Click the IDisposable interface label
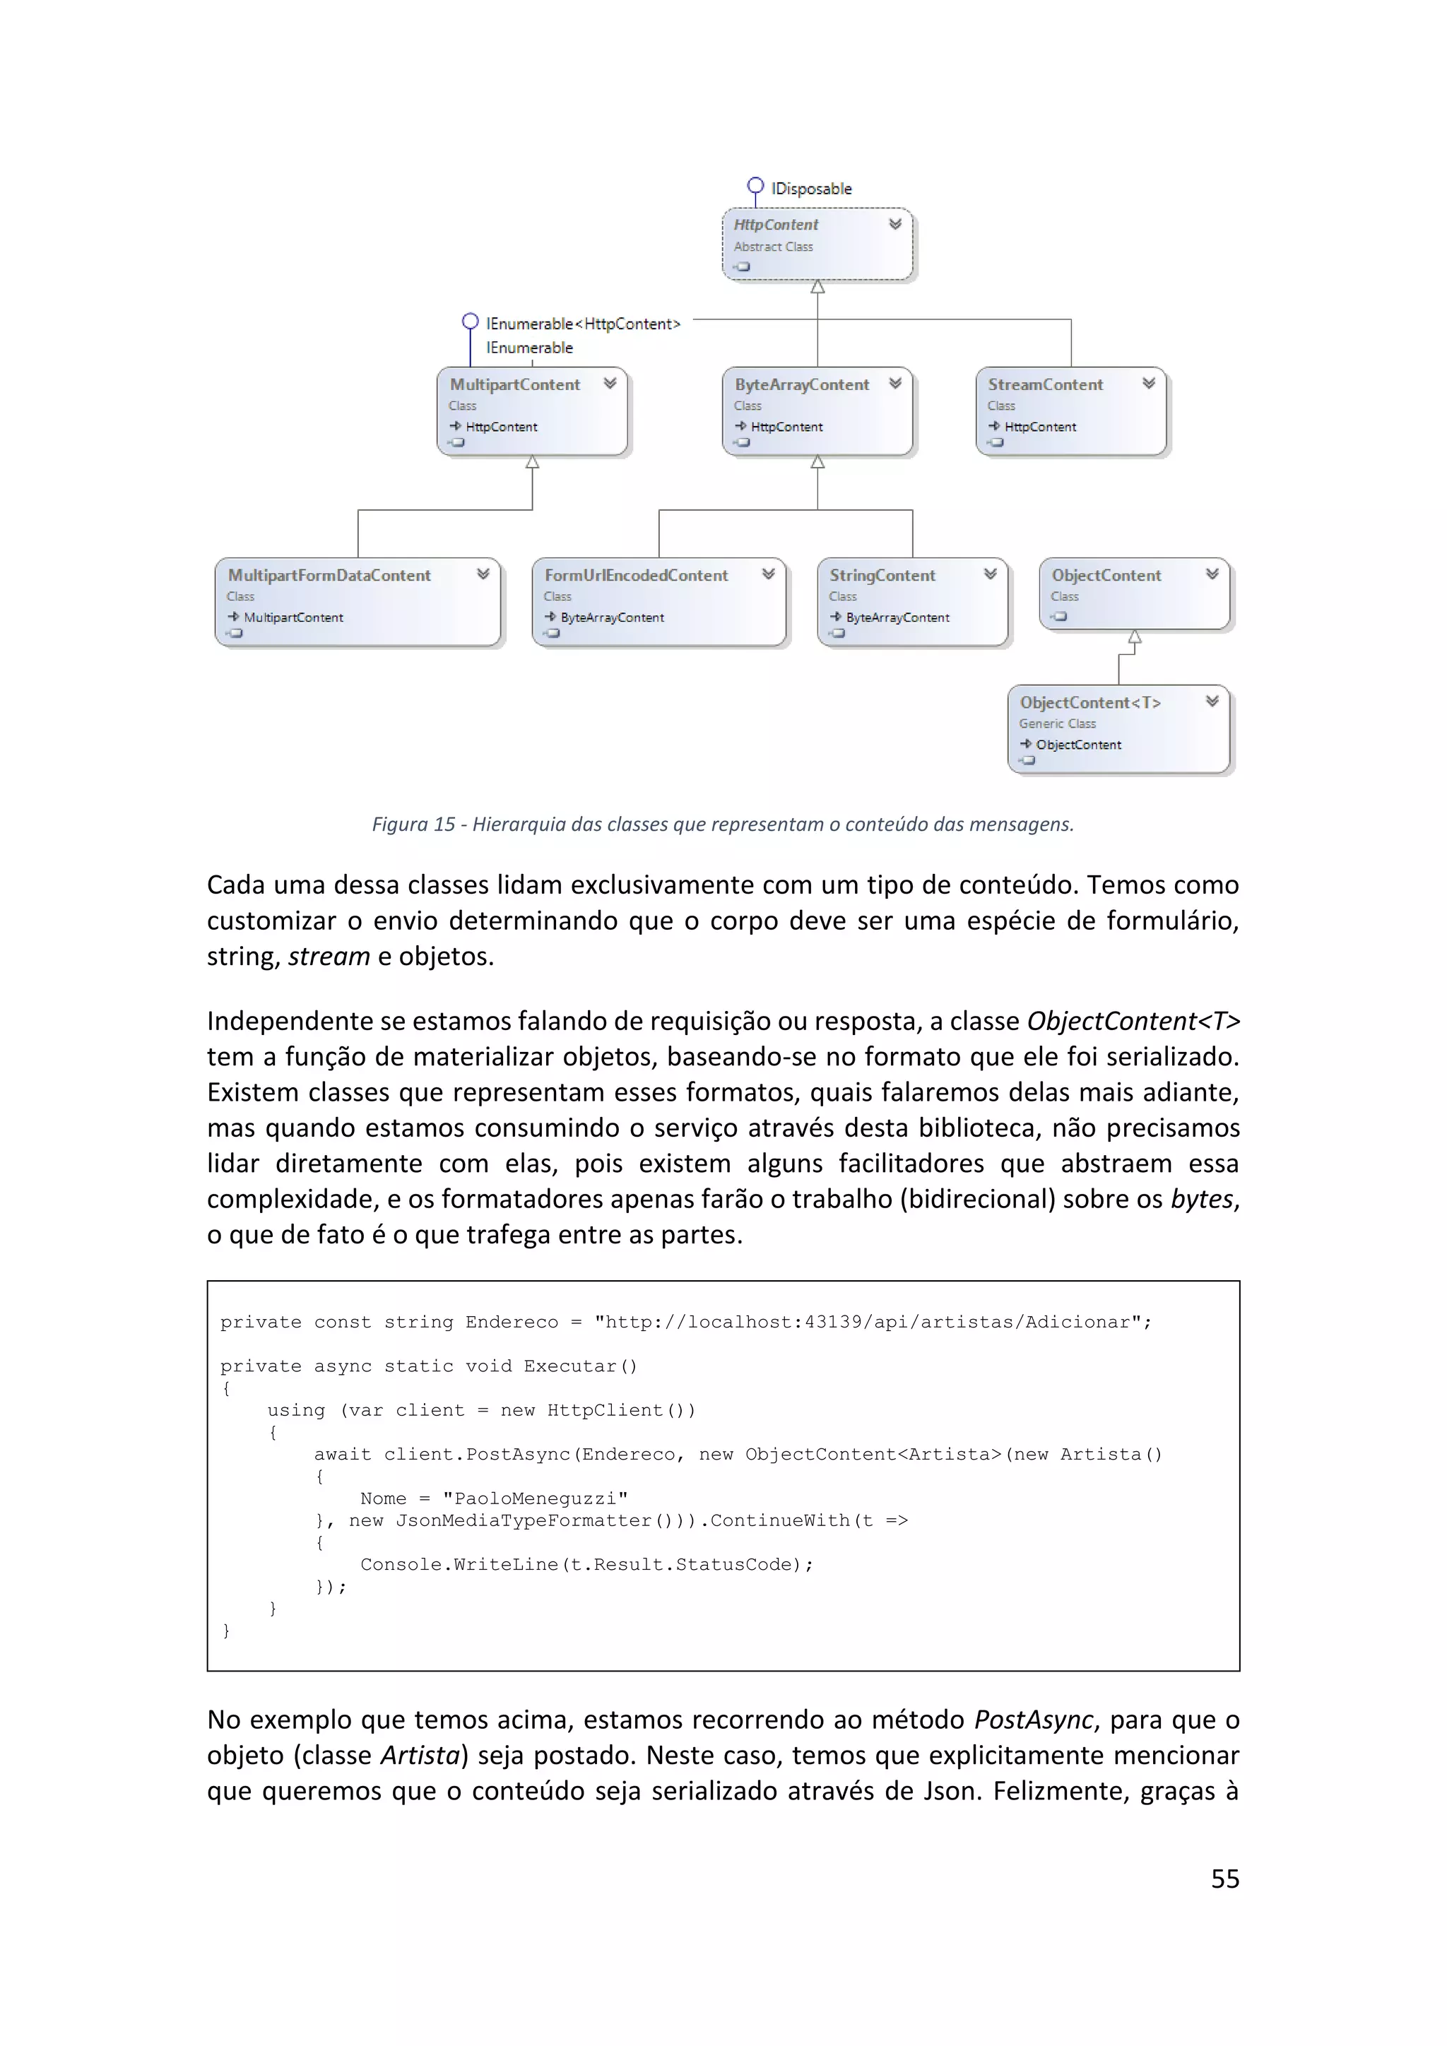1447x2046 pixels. click(x=811, y=189)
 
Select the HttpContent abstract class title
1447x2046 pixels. click(x=775, y=225)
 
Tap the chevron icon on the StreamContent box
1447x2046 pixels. click(x=1149, y=383)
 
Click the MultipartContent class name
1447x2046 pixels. click(x=514, y=384)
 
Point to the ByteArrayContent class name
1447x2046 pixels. click(x=801, y=384)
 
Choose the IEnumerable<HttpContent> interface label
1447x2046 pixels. click(x=583, y=324)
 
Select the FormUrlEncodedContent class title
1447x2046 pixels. click(x=636, y=575)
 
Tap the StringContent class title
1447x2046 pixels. click(x=882, y=575)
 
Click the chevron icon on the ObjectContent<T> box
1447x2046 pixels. click(x=1212, y=702)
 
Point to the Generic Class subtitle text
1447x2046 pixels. click(x=1057, y=723)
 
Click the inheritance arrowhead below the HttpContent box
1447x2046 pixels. click(x=817, y=287)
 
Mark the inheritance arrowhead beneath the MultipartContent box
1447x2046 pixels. click(x=532, y=461)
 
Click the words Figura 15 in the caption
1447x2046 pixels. click(x=413, y=824)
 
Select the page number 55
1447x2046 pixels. click(x=1224, y=1879)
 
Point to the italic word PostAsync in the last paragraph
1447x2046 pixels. click(x=1033, y=1719)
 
